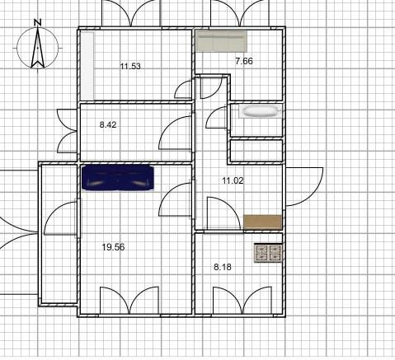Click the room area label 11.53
tap(130, 66)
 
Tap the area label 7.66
tap(244, 61)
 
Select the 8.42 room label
tap(108, 124)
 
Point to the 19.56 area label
tap(113, 247)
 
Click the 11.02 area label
tap(233, 180)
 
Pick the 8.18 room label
tap(223, 267)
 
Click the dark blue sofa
tap(118, 178)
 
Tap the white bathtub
tap(260, 111)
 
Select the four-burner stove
tap(268, 253)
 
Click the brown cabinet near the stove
tap(263, 222)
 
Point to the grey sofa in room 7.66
tap(221, 41)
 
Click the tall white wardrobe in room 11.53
tap(87, 66)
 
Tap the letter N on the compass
tap(38, 22)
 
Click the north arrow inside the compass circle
tap(38, 47)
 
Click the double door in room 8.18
tap(242, 301)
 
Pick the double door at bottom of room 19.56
tap(129, 301)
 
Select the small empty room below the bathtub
tap(256, 151)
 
